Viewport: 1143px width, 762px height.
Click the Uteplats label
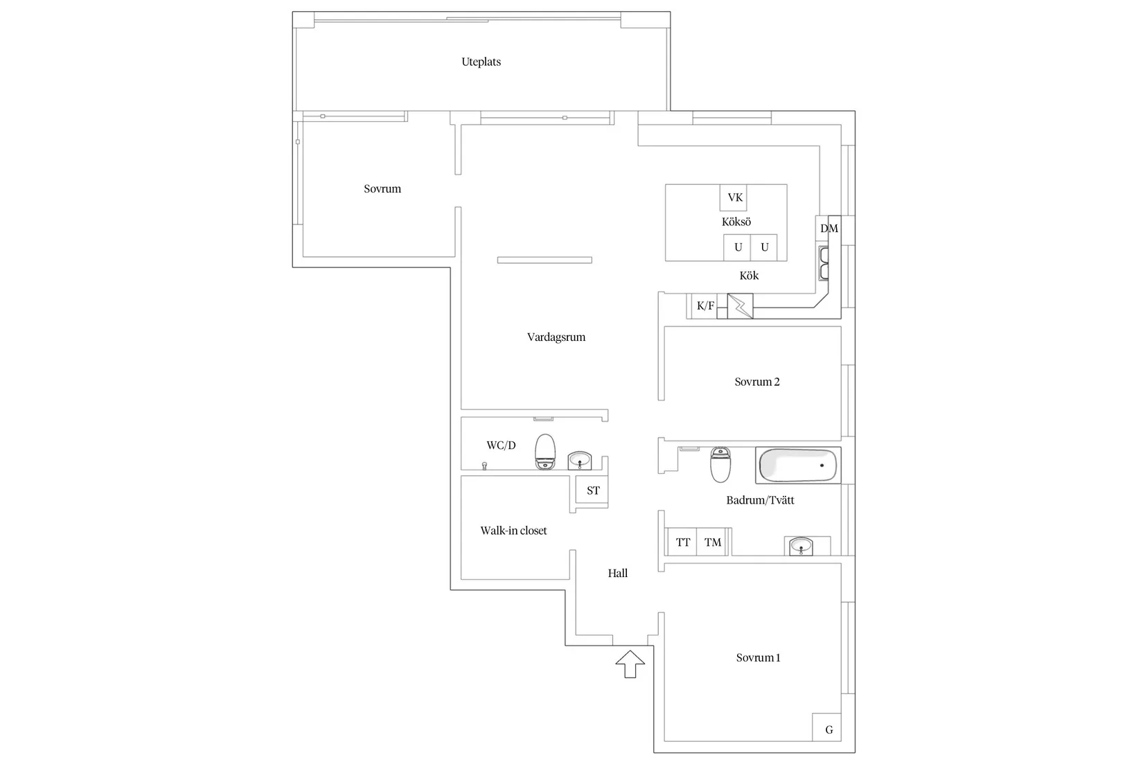click(481, 62)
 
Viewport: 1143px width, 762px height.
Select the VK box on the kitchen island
click(734, 197)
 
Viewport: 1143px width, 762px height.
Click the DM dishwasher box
click(829, 228)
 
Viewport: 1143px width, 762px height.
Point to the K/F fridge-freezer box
click(705, 305)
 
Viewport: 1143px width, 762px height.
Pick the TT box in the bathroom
click(682, 542)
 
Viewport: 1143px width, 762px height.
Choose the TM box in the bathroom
click(713, 542)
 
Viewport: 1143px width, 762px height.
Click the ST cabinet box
click(593, 490)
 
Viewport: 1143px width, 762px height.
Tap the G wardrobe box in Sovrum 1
click(828, 729)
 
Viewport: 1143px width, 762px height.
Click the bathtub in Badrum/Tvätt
click(798, 466)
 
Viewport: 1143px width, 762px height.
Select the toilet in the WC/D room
click(546, 452)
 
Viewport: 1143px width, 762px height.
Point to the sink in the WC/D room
click(579, 461)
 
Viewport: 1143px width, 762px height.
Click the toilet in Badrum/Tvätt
click(720, 465)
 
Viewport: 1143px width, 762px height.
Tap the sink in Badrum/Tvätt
click(801, 546)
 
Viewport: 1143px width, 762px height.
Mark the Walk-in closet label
click(513, 531)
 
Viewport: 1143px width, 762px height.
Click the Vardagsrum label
click(556, 337)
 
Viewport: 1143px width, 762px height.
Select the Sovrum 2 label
click(757, 382)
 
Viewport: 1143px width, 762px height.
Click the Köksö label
click(736, 222)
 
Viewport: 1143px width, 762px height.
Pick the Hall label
click(618, 573)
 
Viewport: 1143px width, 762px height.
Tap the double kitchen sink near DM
click(824, 263)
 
